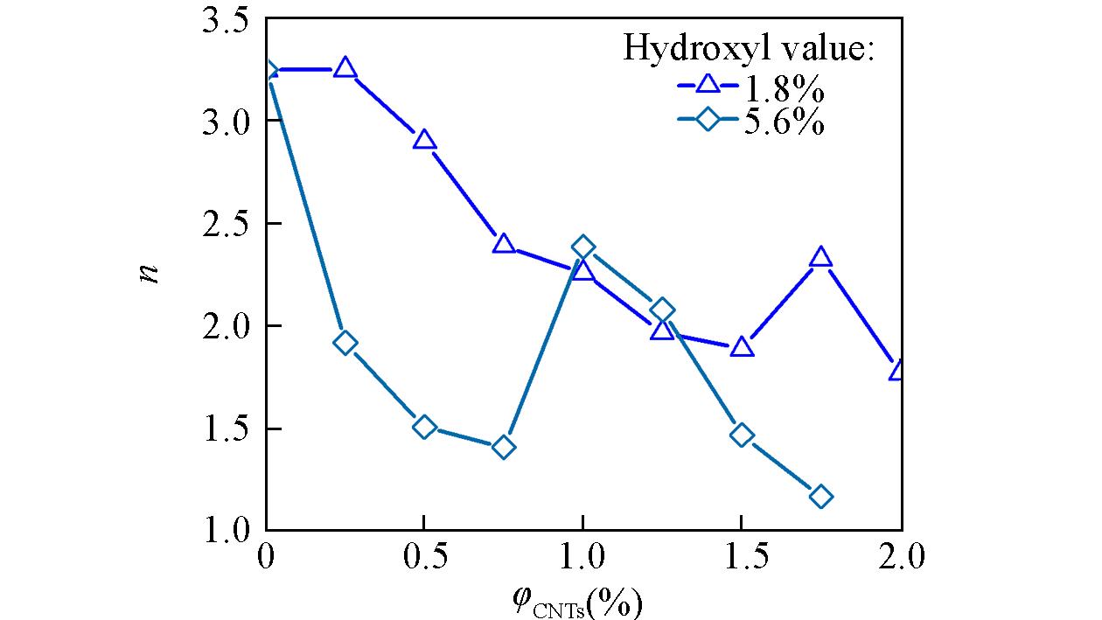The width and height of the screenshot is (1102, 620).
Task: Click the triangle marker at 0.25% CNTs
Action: pos(345,68)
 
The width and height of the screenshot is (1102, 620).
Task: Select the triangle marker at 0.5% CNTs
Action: pos(424,140)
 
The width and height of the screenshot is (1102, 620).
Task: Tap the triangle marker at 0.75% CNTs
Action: pos(503,243)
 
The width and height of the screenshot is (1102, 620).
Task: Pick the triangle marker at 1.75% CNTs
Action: pos(820,257)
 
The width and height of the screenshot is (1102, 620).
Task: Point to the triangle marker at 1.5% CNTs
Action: pos(742,347)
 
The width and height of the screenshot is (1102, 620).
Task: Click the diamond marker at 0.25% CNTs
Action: pos(345,343)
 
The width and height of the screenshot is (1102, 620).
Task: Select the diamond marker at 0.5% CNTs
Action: pos(424,427)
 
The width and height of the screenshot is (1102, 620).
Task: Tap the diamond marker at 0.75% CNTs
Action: pos(503,448)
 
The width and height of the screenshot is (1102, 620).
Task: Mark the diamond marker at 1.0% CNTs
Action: pos(582,247)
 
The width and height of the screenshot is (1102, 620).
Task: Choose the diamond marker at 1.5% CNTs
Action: pos(742,435)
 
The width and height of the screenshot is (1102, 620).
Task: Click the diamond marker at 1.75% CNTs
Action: pos(820,497)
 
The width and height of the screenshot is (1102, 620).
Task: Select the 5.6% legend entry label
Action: pos(784,123)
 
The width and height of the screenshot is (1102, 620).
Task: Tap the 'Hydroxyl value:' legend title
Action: pos(749,48)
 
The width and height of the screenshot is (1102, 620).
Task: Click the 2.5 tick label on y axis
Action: pos(226,223)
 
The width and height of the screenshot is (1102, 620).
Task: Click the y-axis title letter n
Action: pos(151,273)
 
